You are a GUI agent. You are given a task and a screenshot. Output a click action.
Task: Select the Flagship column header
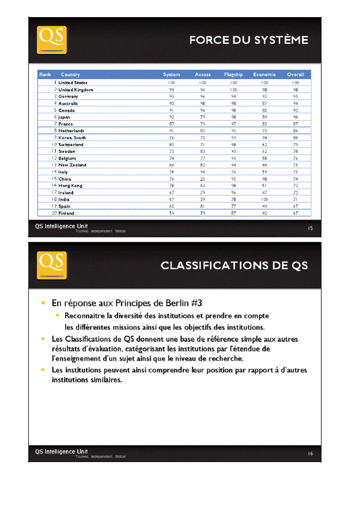[x=233, y=74]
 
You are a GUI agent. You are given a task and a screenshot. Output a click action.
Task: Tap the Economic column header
[x=264, y=74]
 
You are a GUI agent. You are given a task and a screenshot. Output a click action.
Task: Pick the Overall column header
[x=295, y=74]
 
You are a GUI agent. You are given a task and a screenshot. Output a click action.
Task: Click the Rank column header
[x=45, y=74]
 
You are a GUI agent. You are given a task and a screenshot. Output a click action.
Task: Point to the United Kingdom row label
[x=75, y=90]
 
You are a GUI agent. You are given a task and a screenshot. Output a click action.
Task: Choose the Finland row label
[x=66, y=213]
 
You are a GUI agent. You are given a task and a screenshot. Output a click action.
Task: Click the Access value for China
[x=203, y=179]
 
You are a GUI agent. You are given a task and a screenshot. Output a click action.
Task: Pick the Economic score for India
[x=264, y=199]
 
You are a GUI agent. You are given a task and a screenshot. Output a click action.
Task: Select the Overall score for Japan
[x=295, y=117]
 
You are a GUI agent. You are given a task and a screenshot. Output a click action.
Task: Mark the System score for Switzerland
[x=171, y=145]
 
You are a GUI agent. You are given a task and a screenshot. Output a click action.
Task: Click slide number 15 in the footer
[x=310, y=228]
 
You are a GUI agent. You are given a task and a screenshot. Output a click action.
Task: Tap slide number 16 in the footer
[x=310, y=453]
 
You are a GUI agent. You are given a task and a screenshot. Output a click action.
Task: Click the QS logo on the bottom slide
[x=51, y=265]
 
